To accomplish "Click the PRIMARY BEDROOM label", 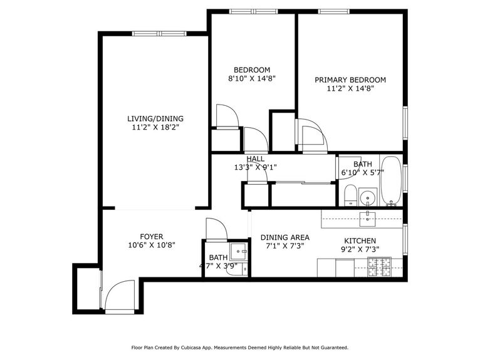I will pyautogui.click(x=350, y=80).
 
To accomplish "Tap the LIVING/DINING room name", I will pyautogui.click(x=155, y=118).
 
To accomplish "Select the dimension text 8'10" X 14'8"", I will pyautogui.click(x=252, y=79).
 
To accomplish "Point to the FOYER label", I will pyautogui.click(x=152, y=236).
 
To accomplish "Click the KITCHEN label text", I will pyautogui.click(x=360, y=240).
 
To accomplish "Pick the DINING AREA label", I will pyautogui.click(x=285, y=237).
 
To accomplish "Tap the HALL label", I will pyautogui.click(x=255, y=159).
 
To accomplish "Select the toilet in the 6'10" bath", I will pyautogui.click(x=350, y=195).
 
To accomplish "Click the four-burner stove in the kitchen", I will pyautogui.click(x=379, y=268).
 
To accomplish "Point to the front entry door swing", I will pyautogui.click(x=120, y=297).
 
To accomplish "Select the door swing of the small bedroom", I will pyautogui.click(x=226, y=116).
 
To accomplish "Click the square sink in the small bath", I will pyautogui.click(x=238, y=252).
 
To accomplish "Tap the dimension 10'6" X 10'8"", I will pyautogui.click(x=152, y=245).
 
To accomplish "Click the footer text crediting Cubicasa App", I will pyautogui.click(x=239, y=347).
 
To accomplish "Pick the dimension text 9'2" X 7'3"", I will pyautogui.click(x=360, y=249).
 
